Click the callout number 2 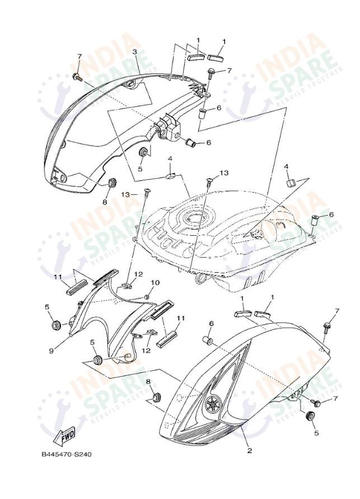pos(250,450)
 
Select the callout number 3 pos(135,52)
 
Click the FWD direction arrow pos(66,434)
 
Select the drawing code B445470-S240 pos(66,454)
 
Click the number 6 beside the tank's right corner pos(331,214)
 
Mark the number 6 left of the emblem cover pos(211,324)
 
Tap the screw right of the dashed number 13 pos(147,192)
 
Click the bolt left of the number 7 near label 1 pos(209,72)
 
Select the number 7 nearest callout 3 pos(80,57)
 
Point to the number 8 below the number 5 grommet pos(148,381)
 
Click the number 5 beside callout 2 pos(316,433)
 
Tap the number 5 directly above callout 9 pos(48,307)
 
